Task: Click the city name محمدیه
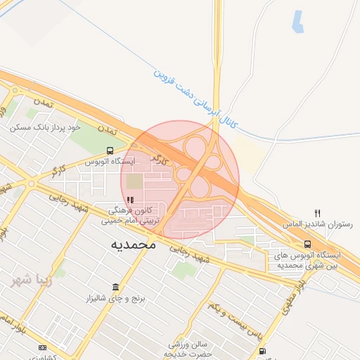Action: tap(131, 245)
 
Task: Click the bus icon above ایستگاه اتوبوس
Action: tap(110, 150)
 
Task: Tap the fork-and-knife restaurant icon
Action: tap(318, 213)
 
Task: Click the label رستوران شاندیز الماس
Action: tap(314, 224)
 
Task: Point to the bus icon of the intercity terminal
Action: tap(309, 243)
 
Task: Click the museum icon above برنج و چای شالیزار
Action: tap(115, 287)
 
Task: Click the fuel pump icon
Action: tap(262, 350)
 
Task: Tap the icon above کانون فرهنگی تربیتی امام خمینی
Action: tap(129, 199)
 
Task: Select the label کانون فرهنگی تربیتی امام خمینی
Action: tap(131, 215)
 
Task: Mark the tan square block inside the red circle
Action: tap(134, 181)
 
